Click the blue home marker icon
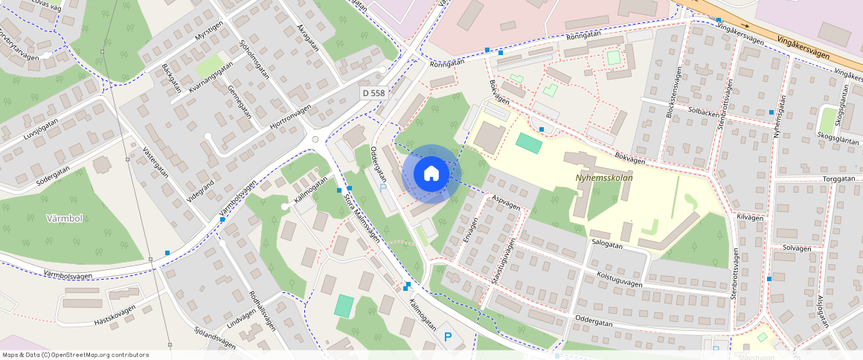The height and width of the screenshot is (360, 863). [431, 174]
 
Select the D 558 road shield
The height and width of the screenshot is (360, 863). [374, 93]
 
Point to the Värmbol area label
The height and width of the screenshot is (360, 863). [63, 219]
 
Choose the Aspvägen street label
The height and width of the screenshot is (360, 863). [506, 202]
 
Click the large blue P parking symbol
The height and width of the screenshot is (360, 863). [448, 337]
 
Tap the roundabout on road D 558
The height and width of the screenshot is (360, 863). [315, 138]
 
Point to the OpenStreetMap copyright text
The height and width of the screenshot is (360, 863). [76, 355]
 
